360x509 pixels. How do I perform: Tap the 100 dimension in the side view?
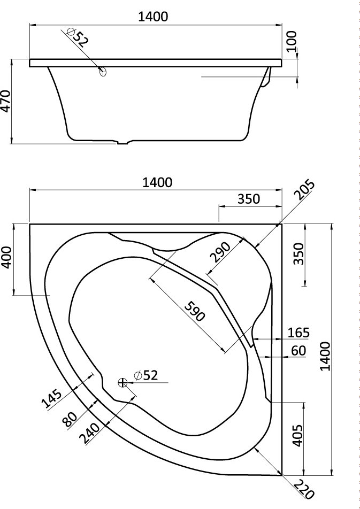click(x=292, y=41)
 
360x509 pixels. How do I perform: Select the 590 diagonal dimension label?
click(x=195, y=311)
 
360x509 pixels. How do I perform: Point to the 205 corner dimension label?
click(x=304, y=190)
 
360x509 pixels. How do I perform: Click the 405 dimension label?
click(x=298, y=436)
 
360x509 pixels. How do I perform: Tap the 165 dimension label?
click(x=298, y=333)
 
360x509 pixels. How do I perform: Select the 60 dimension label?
click(x=298, y=351)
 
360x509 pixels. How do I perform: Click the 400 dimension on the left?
click(x=7, y=257)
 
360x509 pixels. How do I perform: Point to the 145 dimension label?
click(x=52, y=398)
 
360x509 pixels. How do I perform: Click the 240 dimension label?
click(x=90, y=434)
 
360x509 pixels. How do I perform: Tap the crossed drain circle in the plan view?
click(x=122, y=383)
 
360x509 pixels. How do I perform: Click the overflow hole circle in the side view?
click(x=103, y=72)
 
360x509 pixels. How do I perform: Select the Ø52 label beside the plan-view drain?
click(x=145, y=375)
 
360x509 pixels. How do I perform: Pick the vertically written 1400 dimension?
click(x=325, y=356)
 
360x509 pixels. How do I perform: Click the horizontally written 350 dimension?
click(x=249, y=199)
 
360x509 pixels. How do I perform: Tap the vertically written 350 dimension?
click(x=298, y=254)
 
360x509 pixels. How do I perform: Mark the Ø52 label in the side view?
click(x=78, y=37)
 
